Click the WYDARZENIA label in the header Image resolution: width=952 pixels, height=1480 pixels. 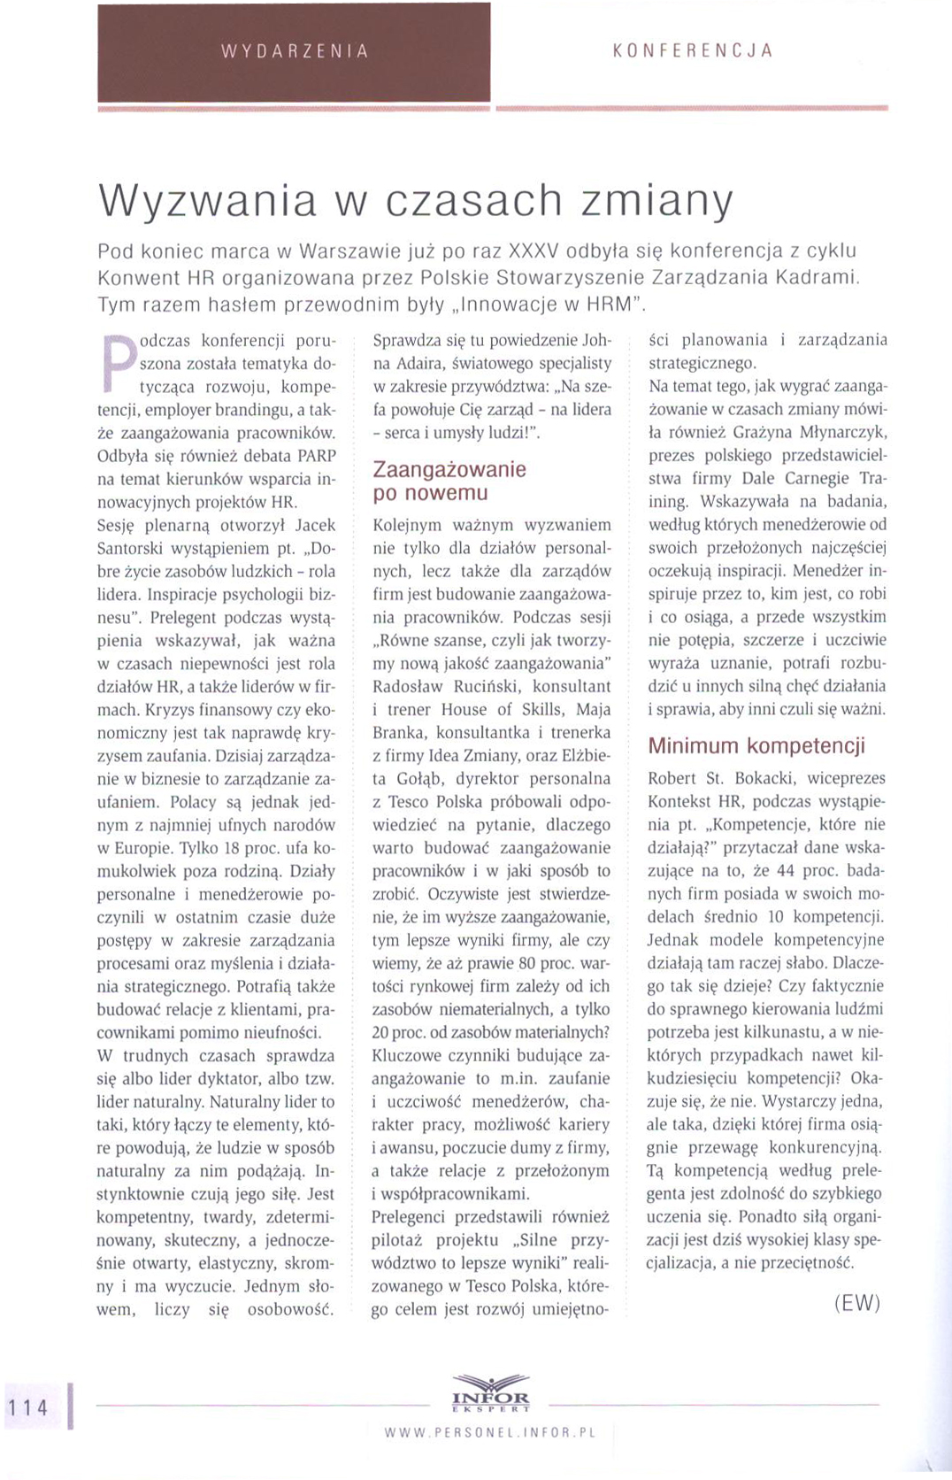point(295,51)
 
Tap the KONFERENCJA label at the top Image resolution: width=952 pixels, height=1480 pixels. point(693,50)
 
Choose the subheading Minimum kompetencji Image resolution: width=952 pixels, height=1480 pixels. point(756,745)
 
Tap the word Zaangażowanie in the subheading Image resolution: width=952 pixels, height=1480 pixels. point(449,469)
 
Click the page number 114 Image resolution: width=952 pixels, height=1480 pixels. point(27,1407)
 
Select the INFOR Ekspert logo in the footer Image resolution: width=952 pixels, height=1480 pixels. point(490,1393)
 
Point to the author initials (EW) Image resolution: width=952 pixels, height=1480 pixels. point(856,1302)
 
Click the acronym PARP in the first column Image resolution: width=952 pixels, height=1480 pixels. point(316,456)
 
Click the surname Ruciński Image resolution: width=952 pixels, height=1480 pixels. point(488,686)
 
